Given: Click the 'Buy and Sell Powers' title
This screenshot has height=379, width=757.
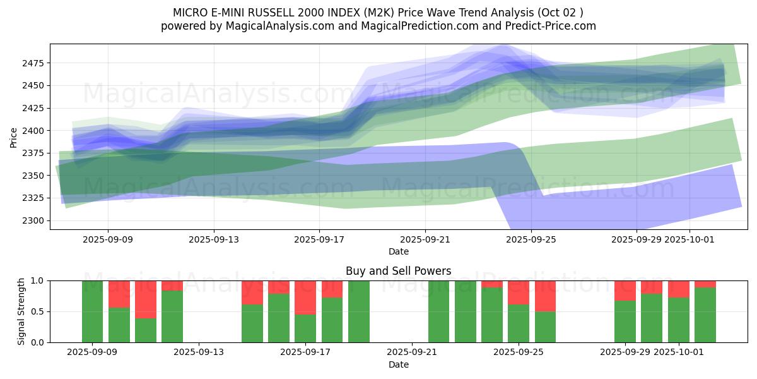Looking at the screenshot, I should (398, 271).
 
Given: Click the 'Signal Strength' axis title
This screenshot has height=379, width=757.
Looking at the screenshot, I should (21, 311).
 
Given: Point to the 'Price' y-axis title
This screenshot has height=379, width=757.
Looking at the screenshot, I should (14, 136).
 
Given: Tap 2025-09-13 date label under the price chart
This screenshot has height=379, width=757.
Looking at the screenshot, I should (213, 239).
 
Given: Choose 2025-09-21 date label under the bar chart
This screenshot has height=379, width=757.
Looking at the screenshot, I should (411, 352).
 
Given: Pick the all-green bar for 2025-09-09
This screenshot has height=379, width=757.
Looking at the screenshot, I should (93, 311).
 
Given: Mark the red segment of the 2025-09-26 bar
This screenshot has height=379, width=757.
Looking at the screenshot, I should (545, 296).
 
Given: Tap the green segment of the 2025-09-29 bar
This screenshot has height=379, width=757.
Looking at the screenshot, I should (625, 322).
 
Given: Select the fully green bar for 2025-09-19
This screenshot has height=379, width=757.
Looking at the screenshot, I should (359, 311).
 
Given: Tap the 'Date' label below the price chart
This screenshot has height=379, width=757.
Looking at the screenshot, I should (398, 251).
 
